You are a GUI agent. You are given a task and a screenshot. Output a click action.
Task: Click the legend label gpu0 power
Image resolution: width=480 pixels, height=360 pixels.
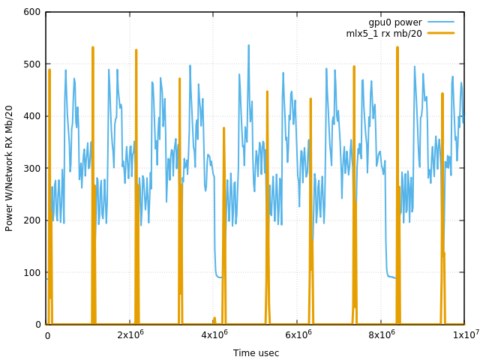pos(394,22)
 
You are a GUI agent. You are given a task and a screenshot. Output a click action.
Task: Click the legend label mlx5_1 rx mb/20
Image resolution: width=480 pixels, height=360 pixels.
pos(384,33)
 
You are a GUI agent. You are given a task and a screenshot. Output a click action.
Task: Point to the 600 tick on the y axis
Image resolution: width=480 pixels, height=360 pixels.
pos(31,12)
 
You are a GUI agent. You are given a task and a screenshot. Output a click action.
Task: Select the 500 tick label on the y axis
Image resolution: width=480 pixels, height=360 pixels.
pos(31,64)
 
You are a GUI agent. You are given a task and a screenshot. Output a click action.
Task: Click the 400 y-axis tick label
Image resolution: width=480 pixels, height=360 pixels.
pos(31,116)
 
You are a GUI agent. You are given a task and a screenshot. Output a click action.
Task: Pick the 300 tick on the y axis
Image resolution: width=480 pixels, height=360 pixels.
pos(31,168)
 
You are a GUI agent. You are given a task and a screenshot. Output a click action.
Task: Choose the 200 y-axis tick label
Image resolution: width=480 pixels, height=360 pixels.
pos(31,220)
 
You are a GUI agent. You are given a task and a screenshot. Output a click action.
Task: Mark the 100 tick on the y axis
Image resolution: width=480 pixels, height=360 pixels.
pos(31,272)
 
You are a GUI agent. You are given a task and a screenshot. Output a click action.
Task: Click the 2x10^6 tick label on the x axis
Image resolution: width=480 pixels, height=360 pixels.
pos(130,334)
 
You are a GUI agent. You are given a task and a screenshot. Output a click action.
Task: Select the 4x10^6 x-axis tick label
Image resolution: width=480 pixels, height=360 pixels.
pos(214,334)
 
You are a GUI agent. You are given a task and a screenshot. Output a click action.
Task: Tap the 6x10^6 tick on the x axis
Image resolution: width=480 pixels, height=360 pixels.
pos(298,334)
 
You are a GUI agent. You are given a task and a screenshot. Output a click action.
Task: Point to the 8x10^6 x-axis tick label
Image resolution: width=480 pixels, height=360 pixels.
pos(382,334)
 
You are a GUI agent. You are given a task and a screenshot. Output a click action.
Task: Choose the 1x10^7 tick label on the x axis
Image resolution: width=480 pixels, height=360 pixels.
pos(465,334)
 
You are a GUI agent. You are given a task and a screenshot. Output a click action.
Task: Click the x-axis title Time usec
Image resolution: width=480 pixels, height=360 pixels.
pos(256,353)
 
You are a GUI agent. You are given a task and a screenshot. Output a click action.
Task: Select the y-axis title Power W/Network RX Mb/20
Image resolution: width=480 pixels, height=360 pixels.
pos(10,168)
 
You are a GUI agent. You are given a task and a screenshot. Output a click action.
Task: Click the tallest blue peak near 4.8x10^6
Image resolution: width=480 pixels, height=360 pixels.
pos(249,46)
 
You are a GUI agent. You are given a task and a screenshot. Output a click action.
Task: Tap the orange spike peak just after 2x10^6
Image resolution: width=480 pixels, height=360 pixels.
pos(136,50)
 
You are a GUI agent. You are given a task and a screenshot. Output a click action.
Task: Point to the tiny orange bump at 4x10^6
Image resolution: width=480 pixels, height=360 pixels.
pos(214,319)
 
